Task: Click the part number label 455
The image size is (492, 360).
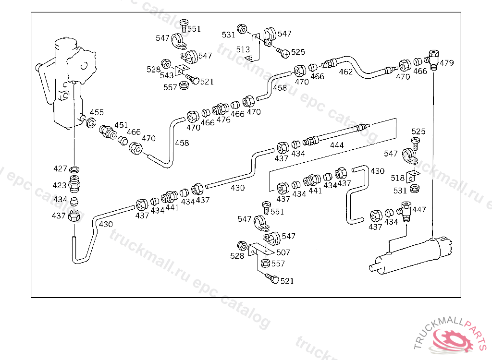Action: click(x=97, y=113)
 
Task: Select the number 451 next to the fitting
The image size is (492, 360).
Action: click(x=121, y=125)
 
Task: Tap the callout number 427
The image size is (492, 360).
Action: click(x=60, y=168)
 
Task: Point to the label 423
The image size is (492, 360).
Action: click(x=60, y=185)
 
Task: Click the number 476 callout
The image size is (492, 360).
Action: click(x=223, y=120)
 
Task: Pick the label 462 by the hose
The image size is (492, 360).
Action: click(x=346, y=72)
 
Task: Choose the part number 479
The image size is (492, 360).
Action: click(x=447, y=63)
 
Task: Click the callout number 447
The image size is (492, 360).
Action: click(x=419, y=210)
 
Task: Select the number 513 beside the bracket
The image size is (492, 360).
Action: click(x=243, y=49)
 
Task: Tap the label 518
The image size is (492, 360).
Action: click(x=398, y=178)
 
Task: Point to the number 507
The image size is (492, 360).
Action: click(x=283, y=252)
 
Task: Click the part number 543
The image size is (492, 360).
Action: click(x=167, y=76)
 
